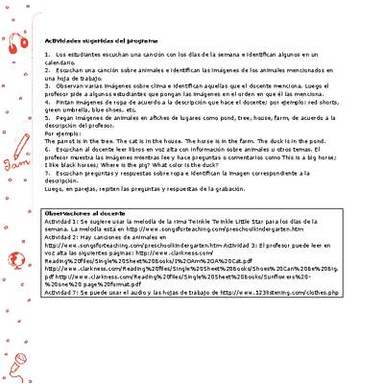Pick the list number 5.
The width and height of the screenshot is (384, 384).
(x=46, y=118)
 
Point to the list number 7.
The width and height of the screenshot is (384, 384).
(x=46, y=173)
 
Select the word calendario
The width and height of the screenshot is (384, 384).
(x=60, y=62)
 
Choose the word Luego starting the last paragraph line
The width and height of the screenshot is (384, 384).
(x=54, y=187)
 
